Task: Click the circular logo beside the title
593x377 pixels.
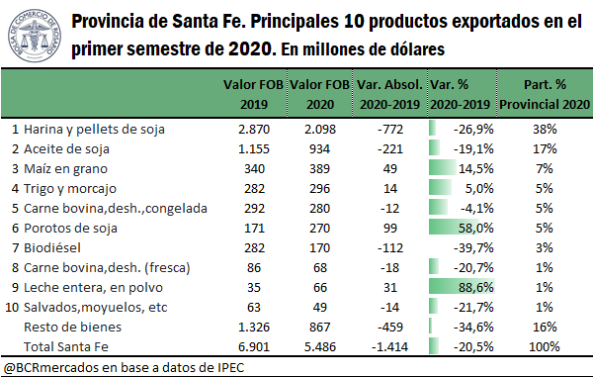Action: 35,35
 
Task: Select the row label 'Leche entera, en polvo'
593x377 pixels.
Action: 90,287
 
